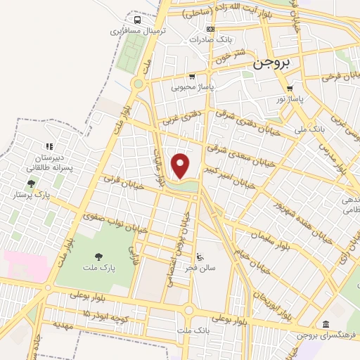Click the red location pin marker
[181, 167]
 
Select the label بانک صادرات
[211, 39]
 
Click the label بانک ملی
[309, 129]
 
